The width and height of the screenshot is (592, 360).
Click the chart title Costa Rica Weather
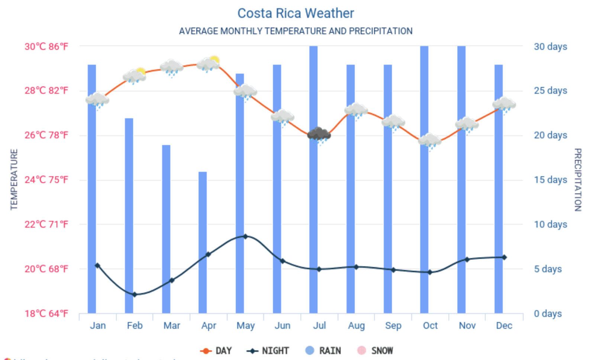coord(296,13)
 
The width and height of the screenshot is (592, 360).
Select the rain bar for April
coord(203,242)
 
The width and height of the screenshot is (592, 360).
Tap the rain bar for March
coord(166,229)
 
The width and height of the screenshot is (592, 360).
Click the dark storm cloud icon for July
coord(319,135)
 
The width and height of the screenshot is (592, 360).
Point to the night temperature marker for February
coord(135,295)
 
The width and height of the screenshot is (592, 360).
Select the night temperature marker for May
coord(245,236)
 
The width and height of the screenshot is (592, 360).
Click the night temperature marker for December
coord(504,257)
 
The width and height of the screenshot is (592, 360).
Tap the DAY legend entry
coord(216,351)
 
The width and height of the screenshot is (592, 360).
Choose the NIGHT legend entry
coord(268,351)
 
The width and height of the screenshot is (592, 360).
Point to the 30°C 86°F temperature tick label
coord(46,46)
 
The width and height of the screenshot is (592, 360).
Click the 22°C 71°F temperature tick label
coord(46,224)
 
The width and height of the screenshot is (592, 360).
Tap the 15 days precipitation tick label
coord(550,180)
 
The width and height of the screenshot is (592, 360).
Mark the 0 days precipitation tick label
coord(548,314)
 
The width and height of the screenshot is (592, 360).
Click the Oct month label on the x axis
coord(430,325)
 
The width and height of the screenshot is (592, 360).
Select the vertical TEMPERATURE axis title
coord(14,180)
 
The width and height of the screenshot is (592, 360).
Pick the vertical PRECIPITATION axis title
coord(577,180)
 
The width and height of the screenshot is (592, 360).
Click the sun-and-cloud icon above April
coord(209,64)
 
